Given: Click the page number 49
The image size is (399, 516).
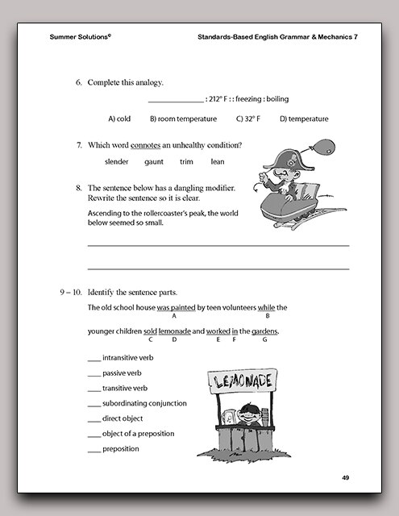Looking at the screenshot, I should coord(345,478).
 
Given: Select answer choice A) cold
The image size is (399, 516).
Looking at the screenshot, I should coord(119,119).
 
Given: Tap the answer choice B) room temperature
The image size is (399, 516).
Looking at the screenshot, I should coord(183,119).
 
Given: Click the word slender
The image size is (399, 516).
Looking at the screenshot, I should coord(117,161).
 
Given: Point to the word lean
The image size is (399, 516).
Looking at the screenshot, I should coord(217,161).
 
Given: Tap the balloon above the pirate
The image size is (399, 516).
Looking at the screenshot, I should coord(313,146).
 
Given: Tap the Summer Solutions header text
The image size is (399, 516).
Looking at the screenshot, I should coord(80,37).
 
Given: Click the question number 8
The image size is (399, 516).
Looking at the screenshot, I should coord(79,187).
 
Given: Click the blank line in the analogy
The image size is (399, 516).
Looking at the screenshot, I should coord(177,101).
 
